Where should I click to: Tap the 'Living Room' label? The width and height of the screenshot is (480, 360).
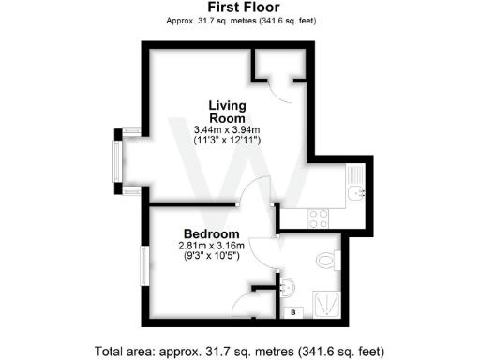(x=227, y=112)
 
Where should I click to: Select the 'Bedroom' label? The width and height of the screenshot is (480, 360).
(x=211, y=234)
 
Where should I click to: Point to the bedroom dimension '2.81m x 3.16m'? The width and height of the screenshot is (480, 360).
(x=211, y=247)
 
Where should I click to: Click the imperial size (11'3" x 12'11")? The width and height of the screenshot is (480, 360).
(x=227, y=140)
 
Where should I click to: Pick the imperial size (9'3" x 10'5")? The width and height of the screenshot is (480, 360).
(x=211, y=258)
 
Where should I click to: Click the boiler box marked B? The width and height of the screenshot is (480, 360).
(x=293, y=310)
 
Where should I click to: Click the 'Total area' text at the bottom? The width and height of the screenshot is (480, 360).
(x=239, y=351)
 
